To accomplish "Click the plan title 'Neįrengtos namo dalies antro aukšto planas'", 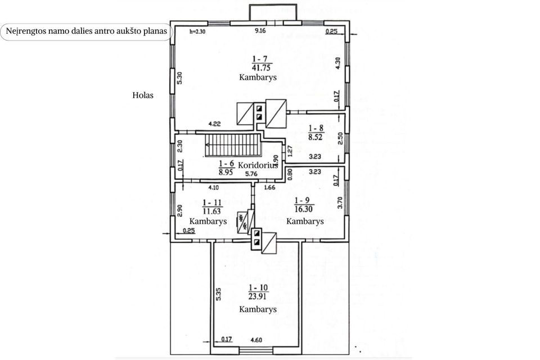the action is pyautogui.click(x=86, y=31).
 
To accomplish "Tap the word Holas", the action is pyautogui.click(x=143, y=96).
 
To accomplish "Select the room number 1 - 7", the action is pyautogui.click(x=260, y=58).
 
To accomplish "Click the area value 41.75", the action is pyautogui.click(x=261, y=67).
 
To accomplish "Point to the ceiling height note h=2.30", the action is pyautogui.click(x=197, y=31).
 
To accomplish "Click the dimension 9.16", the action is pyautogui.click(x=260, y=31).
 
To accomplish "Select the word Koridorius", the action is pyautogui.click(x=258, y=165).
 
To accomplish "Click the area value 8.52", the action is pyautogui.click(x=316, y=137).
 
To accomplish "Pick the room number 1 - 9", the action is pyautogui.click(x=302, y=200).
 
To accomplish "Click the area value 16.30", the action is pyautogui.click(x=304, y=209).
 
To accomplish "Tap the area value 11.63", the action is pyautogui.click(x=211, y=211).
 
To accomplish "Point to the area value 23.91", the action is pyautogui.click(x=257, y=296).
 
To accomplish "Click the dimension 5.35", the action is pyautogui.click(x=219, y=294).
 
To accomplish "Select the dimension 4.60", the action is pyautogui.click(x=256, y=340).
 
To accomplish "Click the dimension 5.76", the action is pyautogui.click(x=251, y=174).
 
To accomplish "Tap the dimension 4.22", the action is pyautogui.click(x=214, y=124).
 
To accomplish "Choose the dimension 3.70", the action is pyautogui.click(x=340, y=202).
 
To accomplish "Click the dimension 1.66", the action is pyautogui.click(x=269, y=187).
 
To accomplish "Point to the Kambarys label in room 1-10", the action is pyautogui.click(x=258, y=309).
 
